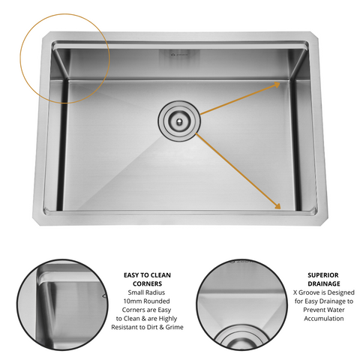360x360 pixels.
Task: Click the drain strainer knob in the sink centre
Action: (x=179, y=121)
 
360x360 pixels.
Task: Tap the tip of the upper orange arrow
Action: (x=280, y=82)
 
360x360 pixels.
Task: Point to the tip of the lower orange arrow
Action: (x=280, y=208)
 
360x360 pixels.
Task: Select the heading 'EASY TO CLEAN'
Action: (x=147, y=275)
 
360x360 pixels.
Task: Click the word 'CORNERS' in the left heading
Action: (x=147, y=283)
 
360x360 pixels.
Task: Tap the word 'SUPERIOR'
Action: (x=323, y=275)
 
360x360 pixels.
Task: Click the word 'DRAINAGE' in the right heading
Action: (x=324, y=283)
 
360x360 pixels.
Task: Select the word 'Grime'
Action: (x=174, y=327)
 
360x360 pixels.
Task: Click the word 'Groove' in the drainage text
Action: (x=310, y=292)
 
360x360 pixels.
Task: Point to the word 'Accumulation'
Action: (x=324, y=319)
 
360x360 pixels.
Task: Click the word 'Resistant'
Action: (x=125, y=327)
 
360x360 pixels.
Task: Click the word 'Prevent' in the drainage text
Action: (x=313, y=310)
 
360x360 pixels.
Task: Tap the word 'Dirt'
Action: (x=154, y=327)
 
